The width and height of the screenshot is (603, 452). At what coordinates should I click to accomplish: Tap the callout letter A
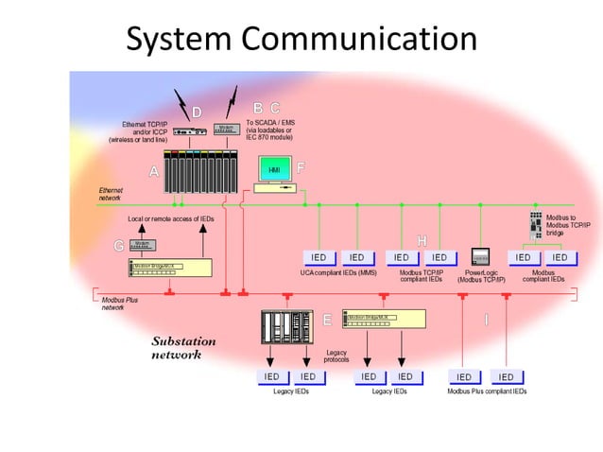coord(153,172)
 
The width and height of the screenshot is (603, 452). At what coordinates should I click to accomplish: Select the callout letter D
coord(197,113)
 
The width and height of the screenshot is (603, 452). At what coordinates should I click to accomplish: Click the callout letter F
coord(301,168)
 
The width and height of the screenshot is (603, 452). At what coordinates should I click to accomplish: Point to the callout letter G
coord(118,246)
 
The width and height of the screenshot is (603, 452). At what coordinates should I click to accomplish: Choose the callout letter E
coord(327,320)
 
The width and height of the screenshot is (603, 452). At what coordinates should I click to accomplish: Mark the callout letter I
coord(487,320)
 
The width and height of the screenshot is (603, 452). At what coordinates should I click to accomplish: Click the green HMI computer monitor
coord(275,169)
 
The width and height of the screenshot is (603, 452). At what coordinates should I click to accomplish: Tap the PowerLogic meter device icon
coord(480,257)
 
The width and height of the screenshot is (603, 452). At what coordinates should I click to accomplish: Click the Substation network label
coord(184,348)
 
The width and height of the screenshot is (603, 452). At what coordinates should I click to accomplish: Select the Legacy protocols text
coord(336,356)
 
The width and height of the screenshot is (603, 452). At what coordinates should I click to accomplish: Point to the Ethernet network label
coord(111,194)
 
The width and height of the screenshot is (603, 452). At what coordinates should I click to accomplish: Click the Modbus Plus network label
coord(120,304)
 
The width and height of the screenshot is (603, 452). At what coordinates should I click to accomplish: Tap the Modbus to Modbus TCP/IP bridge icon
coord(536,223)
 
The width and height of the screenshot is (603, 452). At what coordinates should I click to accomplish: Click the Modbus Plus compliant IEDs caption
coord(487,391)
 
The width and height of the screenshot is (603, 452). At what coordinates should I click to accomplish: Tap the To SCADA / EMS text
coord(270,123)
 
